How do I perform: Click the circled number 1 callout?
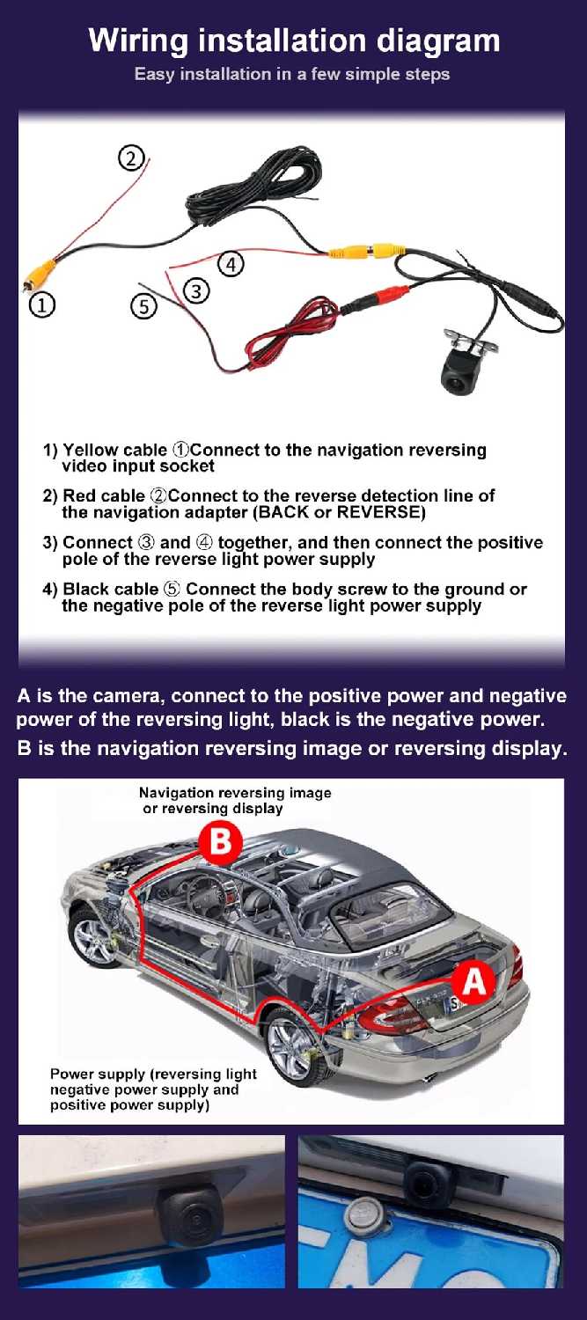42,304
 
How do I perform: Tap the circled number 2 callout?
131,158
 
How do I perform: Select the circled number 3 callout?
197,290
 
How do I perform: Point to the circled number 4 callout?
231,264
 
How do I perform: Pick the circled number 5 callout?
143,306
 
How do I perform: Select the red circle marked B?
220,842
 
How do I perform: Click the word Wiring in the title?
138,41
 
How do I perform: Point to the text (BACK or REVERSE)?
339,511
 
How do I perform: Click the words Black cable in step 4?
111,589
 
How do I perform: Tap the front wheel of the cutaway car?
94,938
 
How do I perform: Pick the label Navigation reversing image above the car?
235,793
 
